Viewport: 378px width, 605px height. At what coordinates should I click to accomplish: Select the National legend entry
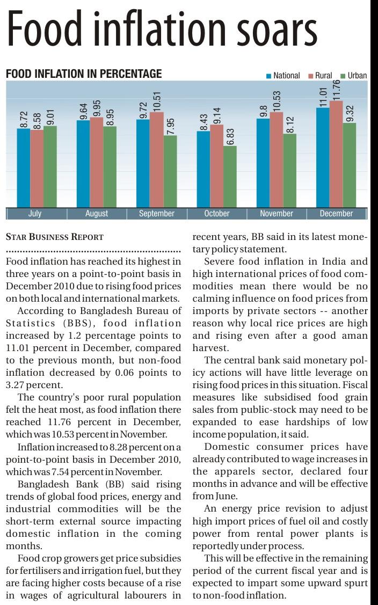tap(283, 76)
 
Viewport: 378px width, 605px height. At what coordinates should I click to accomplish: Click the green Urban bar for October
tap(230, 177)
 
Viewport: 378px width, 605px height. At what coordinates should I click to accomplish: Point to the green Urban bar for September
tap(170, 171)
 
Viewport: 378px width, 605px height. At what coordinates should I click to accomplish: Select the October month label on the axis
tap(217, 214)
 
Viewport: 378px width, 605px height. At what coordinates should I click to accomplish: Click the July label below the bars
tap(34, 214)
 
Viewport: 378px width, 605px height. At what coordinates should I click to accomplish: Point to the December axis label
tap(336, 214)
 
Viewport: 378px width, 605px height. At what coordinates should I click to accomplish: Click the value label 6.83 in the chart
tap(230, 135)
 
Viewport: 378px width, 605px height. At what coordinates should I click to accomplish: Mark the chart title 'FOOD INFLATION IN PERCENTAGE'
tap(83, 74)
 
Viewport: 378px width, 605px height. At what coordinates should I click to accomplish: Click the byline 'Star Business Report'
tap(54, 237)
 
